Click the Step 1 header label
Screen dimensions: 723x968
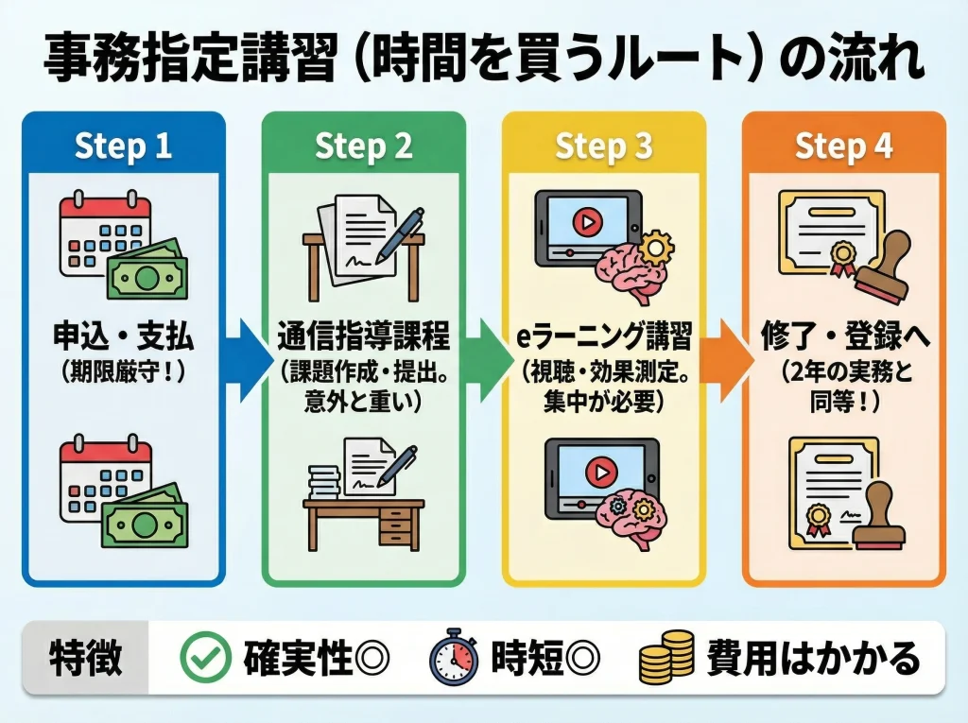[x=123, y=147]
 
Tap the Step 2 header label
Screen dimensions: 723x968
[x=363, y=147]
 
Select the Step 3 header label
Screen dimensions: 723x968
[x=603, y=147]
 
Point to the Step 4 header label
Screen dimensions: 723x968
[x=843, y=147]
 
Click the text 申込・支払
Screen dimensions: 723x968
[x=124, y=336]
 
